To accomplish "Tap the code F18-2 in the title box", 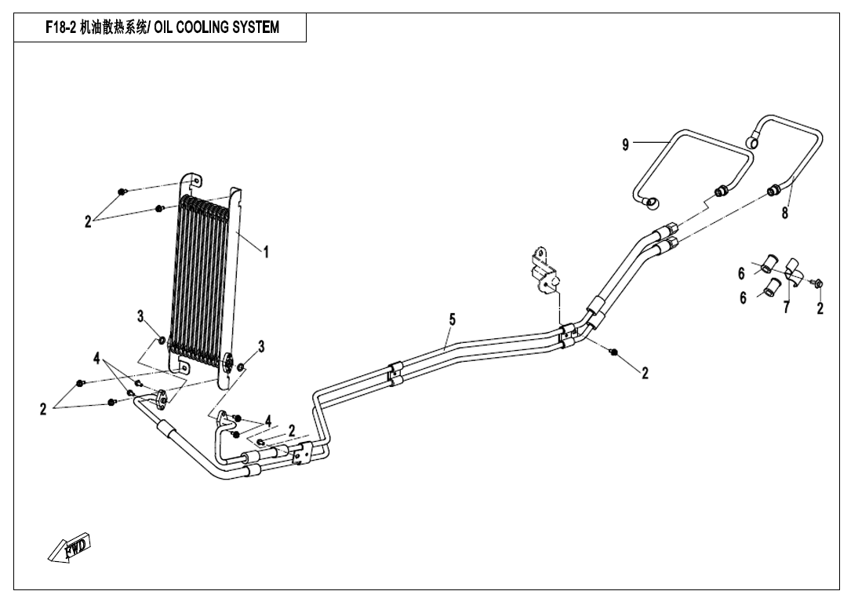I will click(x=60, y=28).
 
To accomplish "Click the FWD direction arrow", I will click(x=69, y=548).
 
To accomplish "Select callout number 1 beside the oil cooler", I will click(x=266, y=252).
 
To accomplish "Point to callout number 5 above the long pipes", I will click(x=453, y=319).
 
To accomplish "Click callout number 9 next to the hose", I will click(x=625, y=144).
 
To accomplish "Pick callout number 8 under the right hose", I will click(x=784, y=213).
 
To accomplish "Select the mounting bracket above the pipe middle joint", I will click(x=544, y=272).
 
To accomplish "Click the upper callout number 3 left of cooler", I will click(x=140, y=316).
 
